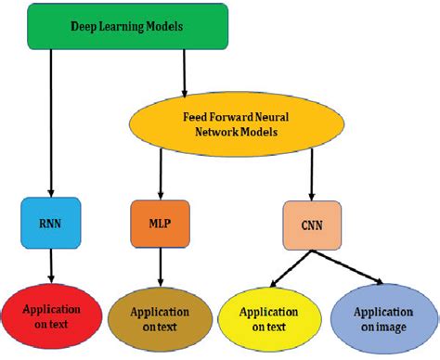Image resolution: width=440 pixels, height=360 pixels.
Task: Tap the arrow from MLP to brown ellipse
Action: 159,267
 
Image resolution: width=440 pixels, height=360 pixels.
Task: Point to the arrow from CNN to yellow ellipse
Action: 279,268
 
